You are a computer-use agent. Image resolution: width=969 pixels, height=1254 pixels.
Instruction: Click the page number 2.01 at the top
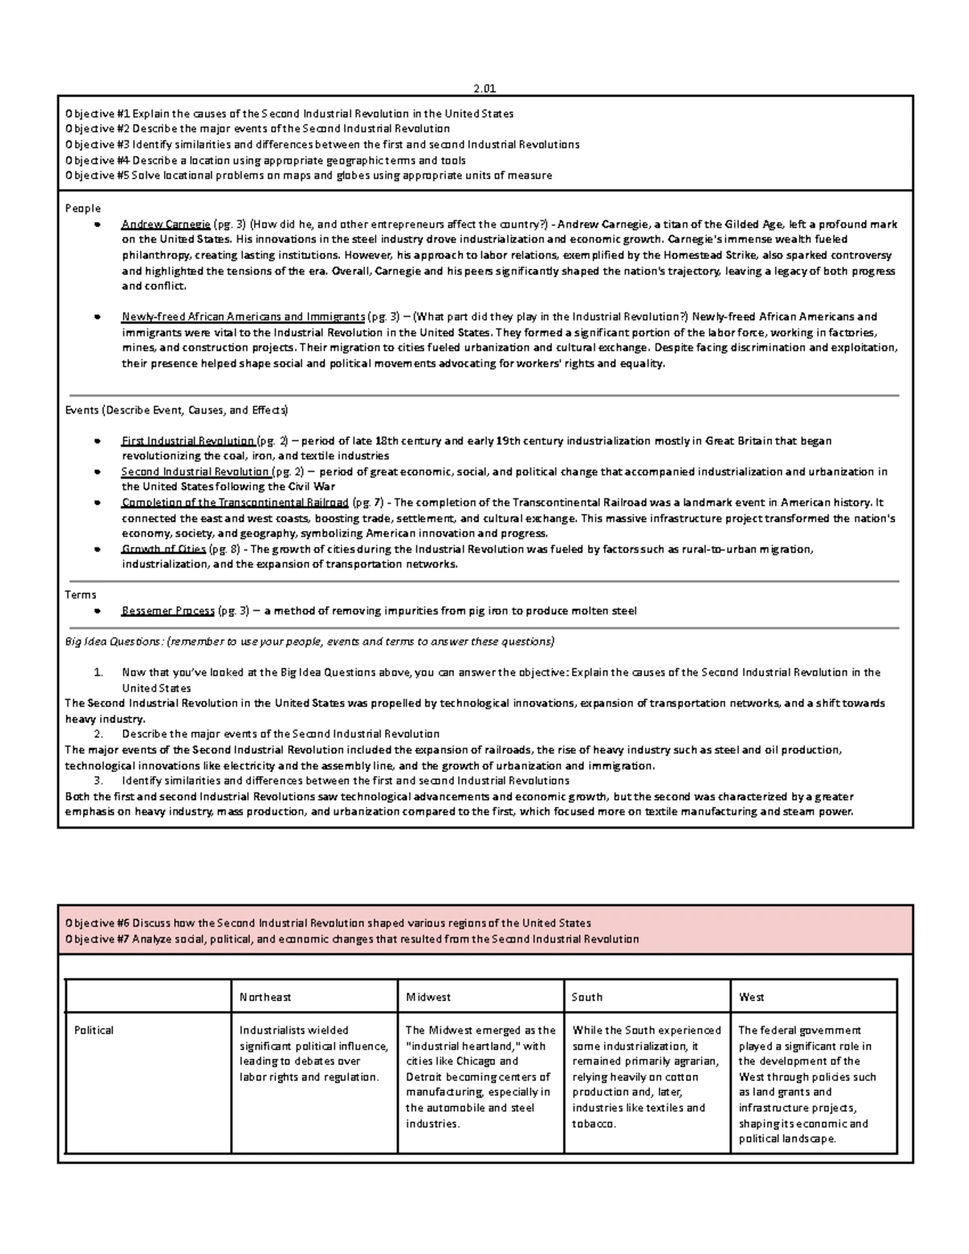484,89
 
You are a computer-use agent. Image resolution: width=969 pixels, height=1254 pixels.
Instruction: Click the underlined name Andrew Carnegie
166,224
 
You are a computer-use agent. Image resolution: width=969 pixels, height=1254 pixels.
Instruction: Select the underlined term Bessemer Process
168,611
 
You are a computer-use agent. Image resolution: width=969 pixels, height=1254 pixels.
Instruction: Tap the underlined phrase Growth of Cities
163,550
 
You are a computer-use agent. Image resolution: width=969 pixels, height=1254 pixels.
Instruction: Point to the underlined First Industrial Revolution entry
187,442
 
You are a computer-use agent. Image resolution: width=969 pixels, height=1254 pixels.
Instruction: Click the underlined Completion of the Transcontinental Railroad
235,503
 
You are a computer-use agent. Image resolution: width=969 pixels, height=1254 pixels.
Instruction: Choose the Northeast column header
265,997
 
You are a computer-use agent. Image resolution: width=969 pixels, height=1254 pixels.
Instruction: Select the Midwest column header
428,997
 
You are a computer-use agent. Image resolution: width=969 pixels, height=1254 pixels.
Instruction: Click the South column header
587,997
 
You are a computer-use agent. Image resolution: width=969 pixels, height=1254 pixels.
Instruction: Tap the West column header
751,997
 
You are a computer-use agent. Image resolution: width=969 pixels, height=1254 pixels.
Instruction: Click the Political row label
94,1030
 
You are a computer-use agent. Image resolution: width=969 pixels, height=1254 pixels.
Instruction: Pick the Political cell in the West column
807,1084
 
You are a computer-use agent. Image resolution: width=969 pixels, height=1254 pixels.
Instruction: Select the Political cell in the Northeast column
309,1053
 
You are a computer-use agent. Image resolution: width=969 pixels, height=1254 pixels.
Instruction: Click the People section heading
82,208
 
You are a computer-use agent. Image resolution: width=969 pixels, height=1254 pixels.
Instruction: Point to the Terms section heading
80,595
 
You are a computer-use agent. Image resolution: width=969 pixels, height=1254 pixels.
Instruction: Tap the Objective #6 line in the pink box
328,923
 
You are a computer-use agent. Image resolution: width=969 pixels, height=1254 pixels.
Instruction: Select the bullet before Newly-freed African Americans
98,317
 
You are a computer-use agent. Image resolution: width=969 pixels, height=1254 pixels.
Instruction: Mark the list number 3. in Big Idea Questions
99,781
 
